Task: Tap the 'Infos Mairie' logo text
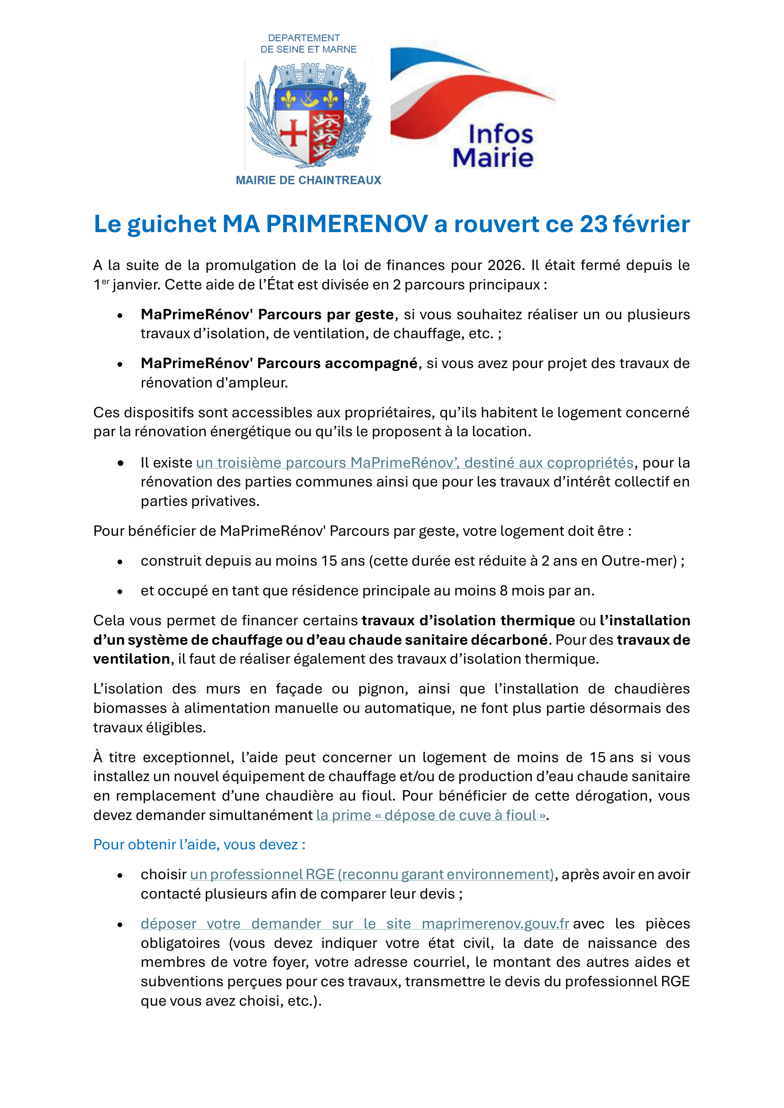493,146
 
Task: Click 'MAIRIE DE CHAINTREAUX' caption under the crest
309,180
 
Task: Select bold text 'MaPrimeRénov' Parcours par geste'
267,314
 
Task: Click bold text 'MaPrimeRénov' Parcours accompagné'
279,363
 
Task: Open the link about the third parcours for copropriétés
414,462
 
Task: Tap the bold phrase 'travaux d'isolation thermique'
468,620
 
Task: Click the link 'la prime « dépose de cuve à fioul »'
431,815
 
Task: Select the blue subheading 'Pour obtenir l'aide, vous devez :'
199,845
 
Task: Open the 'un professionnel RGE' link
372,874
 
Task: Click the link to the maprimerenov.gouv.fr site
355,924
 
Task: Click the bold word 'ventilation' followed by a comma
131,659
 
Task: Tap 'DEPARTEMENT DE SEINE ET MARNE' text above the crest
309,44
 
